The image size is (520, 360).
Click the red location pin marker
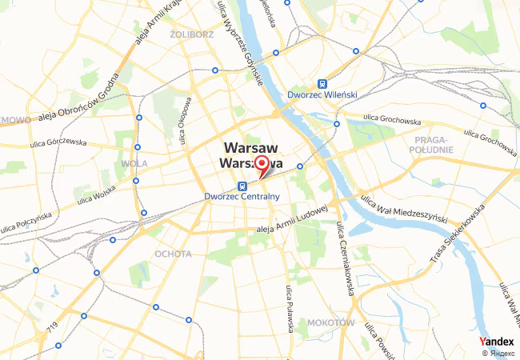261,164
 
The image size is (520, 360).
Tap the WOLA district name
134,163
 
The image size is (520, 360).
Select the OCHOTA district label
173,254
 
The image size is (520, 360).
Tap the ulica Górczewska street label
58,142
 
